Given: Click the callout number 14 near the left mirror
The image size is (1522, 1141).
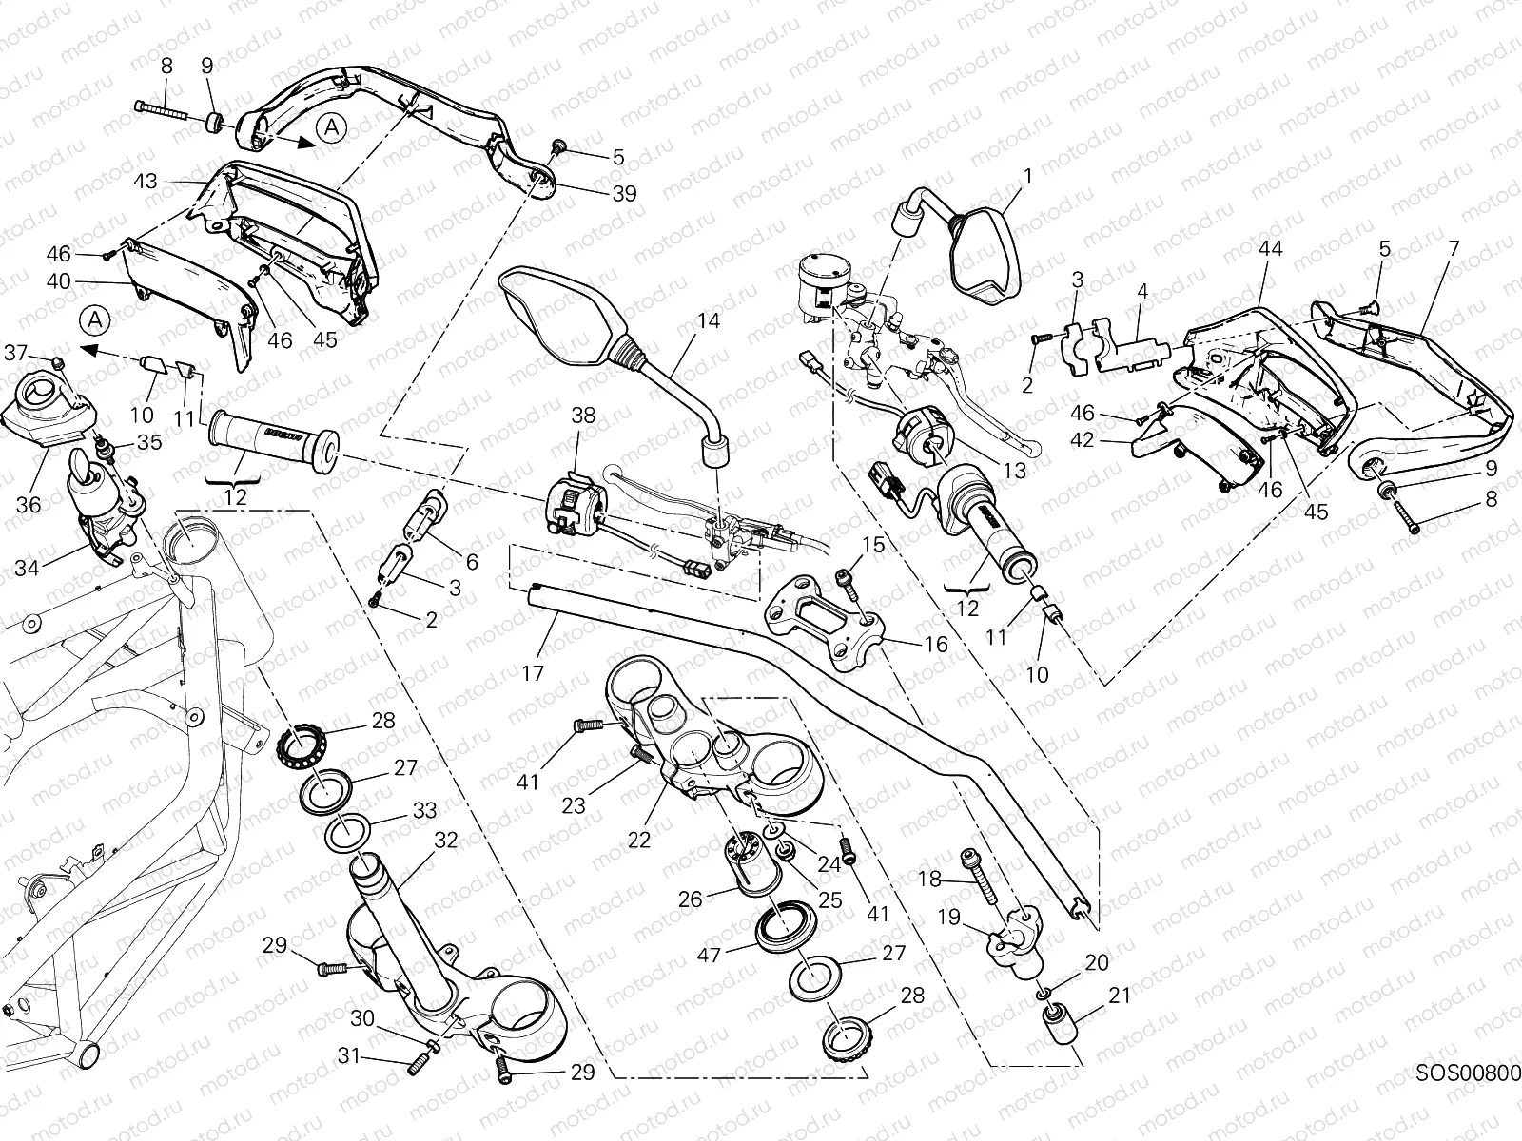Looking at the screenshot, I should click(708, 321).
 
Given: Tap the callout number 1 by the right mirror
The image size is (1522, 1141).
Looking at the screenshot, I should click(1027, 175).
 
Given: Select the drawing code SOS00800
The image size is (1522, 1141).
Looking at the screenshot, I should click(1468, 1073).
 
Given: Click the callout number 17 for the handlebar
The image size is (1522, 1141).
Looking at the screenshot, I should click(533, 673).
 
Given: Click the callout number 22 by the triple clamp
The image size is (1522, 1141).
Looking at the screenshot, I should click(639, 840).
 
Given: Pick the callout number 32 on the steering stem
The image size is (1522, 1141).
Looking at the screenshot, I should click(446, 841).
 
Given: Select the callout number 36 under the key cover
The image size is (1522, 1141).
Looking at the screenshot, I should click(29, 504).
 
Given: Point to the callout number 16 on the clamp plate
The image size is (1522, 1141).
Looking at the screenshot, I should click(936, 645).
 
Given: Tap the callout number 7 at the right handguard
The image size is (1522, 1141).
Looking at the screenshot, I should click(1453, 248).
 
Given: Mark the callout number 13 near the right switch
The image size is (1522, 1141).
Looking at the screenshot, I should click(1014, 470).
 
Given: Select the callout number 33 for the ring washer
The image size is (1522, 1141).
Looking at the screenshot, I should click(424, 810).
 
